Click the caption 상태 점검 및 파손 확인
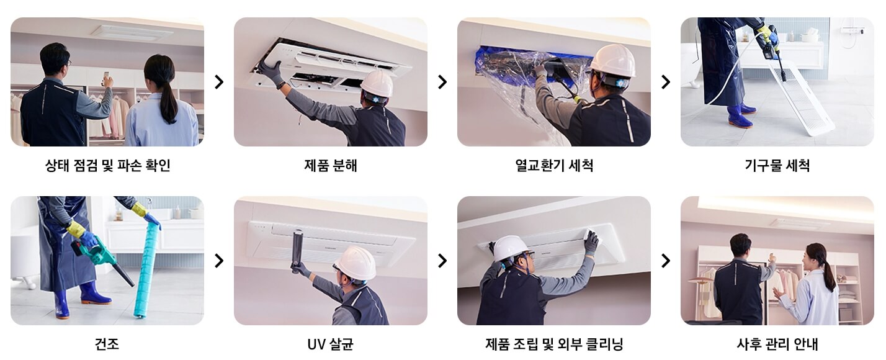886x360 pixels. (x=107, y=166)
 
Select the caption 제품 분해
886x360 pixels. (x=331, y=166)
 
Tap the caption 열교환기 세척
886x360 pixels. (x=554, y=166)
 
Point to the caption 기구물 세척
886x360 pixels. (x=777, y=166)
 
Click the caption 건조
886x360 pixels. (x=107, y=344)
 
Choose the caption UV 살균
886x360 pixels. (x=330, y=344)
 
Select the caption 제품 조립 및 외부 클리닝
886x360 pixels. (x=554, y=344)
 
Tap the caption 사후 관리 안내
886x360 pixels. (x=777, y=344)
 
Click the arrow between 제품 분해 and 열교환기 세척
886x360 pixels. (x=442, y=82)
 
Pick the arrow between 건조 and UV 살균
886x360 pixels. (x=219, y=261)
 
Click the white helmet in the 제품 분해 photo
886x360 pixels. (x=377, y=83)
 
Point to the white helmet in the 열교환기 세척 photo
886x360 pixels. (x=612, y=60)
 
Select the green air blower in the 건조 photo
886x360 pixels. (x=99, y=255)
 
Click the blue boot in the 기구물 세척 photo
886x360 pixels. (x=740, y=116)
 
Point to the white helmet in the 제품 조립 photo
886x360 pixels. (x=510, y=248)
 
